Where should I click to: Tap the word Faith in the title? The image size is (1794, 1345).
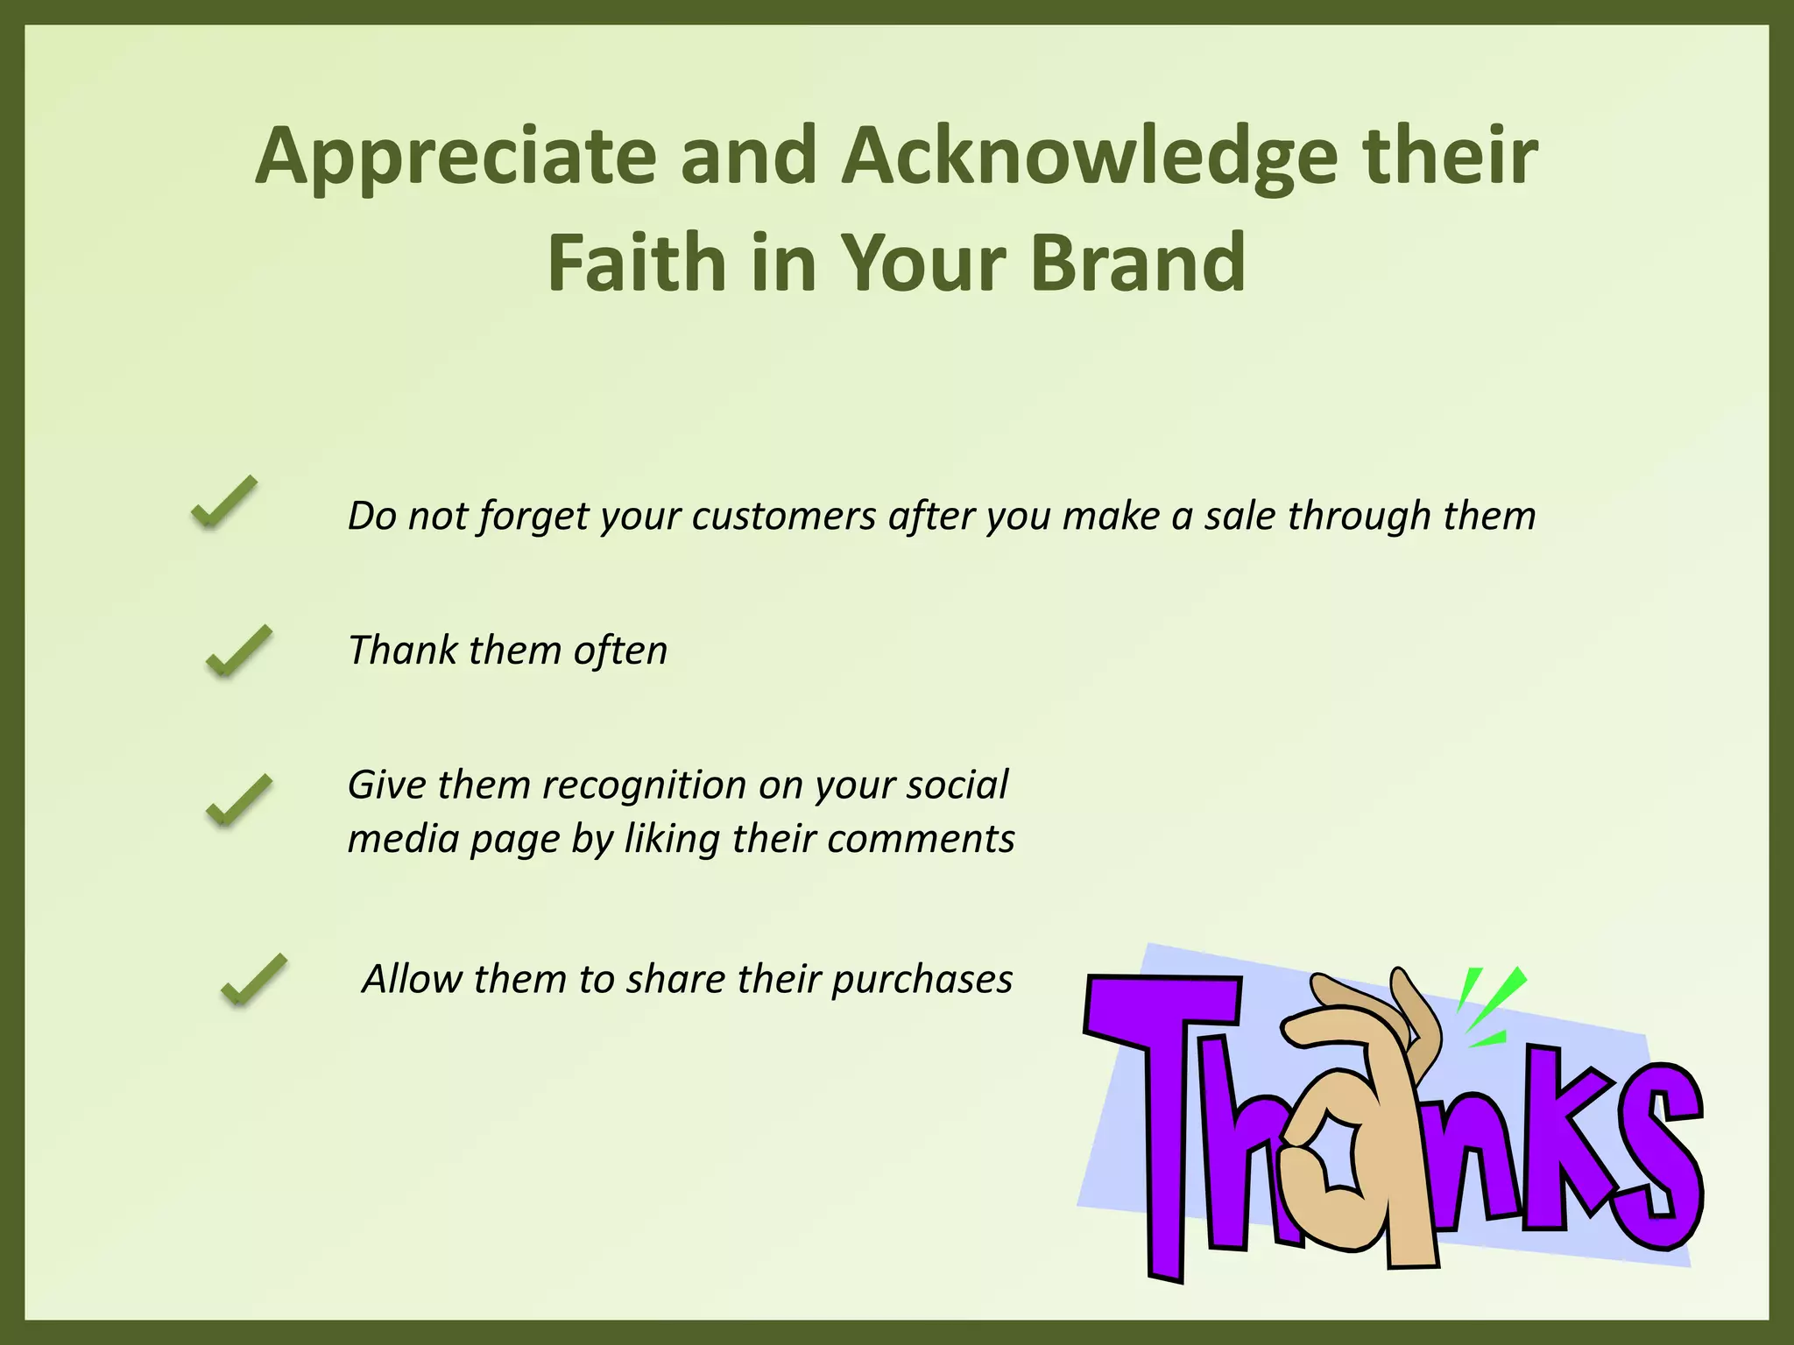[x=637, y=263]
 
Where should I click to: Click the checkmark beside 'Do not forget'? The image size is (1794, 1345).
[x=224, y=502]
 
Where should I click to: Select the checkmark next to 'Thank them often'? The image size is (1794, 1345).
[x=238, y=651]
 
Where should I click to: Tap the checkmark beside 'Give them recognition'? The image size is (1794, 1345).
[x=238, y=800]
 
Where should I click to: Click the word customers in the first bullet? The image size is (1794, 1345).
[x=783, y=516]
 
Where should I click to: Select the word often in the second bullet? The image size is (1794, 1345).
[x=620, y=651]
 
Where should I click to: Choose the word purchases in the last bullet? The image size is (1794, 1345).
[x=922, y=979]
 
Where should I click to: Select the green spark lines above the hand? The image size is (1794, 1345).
[x=1489, y=1007]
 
